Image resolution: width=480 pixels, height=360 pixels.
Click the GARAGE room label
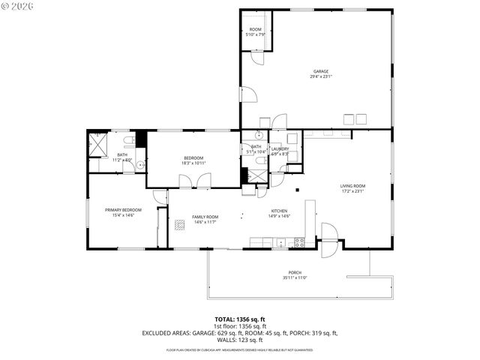click(320, 73)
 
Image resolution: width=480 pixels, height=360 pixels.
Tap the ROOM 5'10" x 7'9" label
click(255, 32)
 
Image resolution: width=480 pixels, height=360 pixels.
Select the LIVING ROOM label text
click(352, 188)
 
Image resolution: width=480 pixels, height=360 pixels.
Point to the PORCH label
click(295, 274)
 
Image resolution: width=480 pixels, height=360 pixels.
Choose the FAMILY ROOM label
click(205, 219)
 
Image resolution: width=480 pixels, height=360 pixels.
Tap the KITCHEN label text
click(279, 214)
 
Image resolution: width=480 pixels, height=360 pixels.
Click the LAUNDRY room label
click(280, 151)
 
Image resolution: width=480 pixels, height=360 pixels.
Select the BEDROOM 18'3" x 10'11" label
click(193, 160)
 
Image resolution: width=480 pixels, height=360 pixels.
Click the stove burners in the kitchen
click(299, 242)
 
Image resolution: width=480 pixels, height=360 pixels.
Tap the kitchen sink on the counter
click(280, 242)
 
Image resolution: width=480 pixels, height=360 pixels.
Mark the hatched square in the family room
click(179, 224)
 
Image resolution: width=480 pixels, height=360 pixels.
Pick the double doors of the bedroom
click(194, 181)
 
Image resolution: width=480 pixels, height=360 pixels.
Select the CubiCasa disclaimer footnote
click(239, 349)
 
